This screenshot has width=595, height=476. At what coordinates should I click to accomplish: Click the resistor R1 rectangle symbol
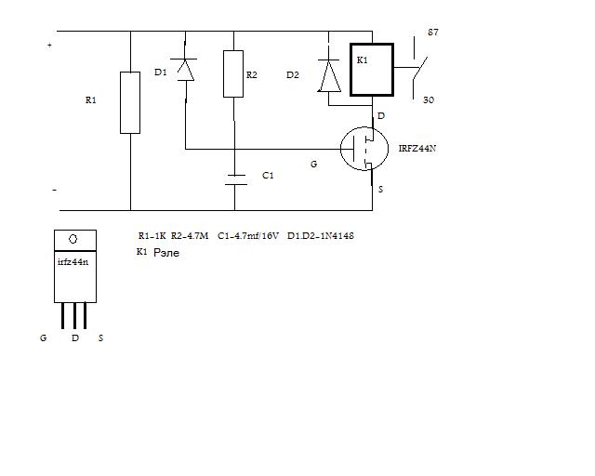pyautogui.click(x=130, y=102)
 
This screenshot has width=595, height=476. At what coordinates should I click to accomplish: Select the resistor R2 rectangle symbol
pyautogui.click(x=234, y=74)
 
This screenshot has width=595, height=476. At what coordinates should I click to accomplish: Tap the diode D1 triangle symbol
pyautogui.click(x=185, y=70)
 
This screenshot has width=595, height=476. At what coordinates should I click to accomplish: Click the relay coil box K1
pyautogui.click(x=372, y=70)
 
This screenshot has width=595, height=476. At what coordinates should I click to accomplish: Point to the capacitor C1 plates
pyautogui.click(x=235, y=178)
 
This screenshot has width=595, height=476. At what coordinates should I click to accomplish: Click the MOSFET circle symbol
pyautogui.click(x=365, y=148)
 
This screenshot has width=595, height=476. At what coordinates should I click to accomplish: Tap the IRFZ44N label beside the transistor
pyautogui.click(x=417, y=147)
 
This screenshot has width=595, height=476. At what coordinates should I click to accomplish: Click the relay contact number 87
pyautogui.click(x=432, y=33)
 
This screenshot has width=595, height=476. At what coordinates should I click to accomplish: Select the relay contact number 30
pyautogui.click(x=430, y=99)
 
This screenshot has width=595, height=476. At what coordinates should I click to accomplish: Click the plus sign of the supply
pyautogui.click(x=49, y=45)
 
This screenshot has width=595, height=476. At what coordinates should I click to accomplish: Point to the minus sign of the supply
pyautogui.click(x=53, y=190)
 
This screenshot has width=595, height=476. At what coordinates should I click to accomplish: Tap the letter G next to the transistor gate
pyautogui.click(x=313, y=164)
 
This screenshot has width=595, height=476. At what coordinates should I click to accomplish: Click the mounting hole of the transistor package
pyautogui.click(x=75, y=240)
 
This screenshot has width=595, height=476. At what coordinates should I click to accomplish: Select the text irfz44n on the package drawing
pyautogui.click(x=73, y=262)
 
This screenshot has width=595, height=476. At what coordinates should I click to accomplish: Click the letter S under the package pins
pyautogui.click(x=100, y=338)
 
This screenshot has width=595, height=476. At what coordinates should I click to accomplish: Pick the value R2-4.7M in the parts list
pyautogui.click(x=192, y=236)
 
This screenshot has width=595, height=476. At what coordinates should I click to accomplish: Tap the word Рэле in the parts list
pyautogui.click(x=166, y=252)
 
